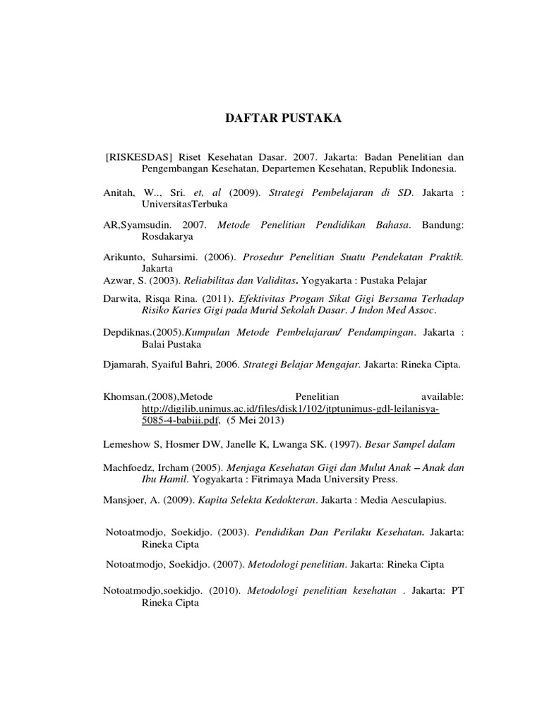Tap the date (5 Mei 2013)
pyautogui.click(x=255, y=421)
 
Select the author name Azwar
pyautogui.click(x=118, y=281)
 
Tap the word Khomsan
pyautogui.click(x=124, y=397)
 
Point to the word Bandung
pyautogui.click(x=443, y=225)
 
